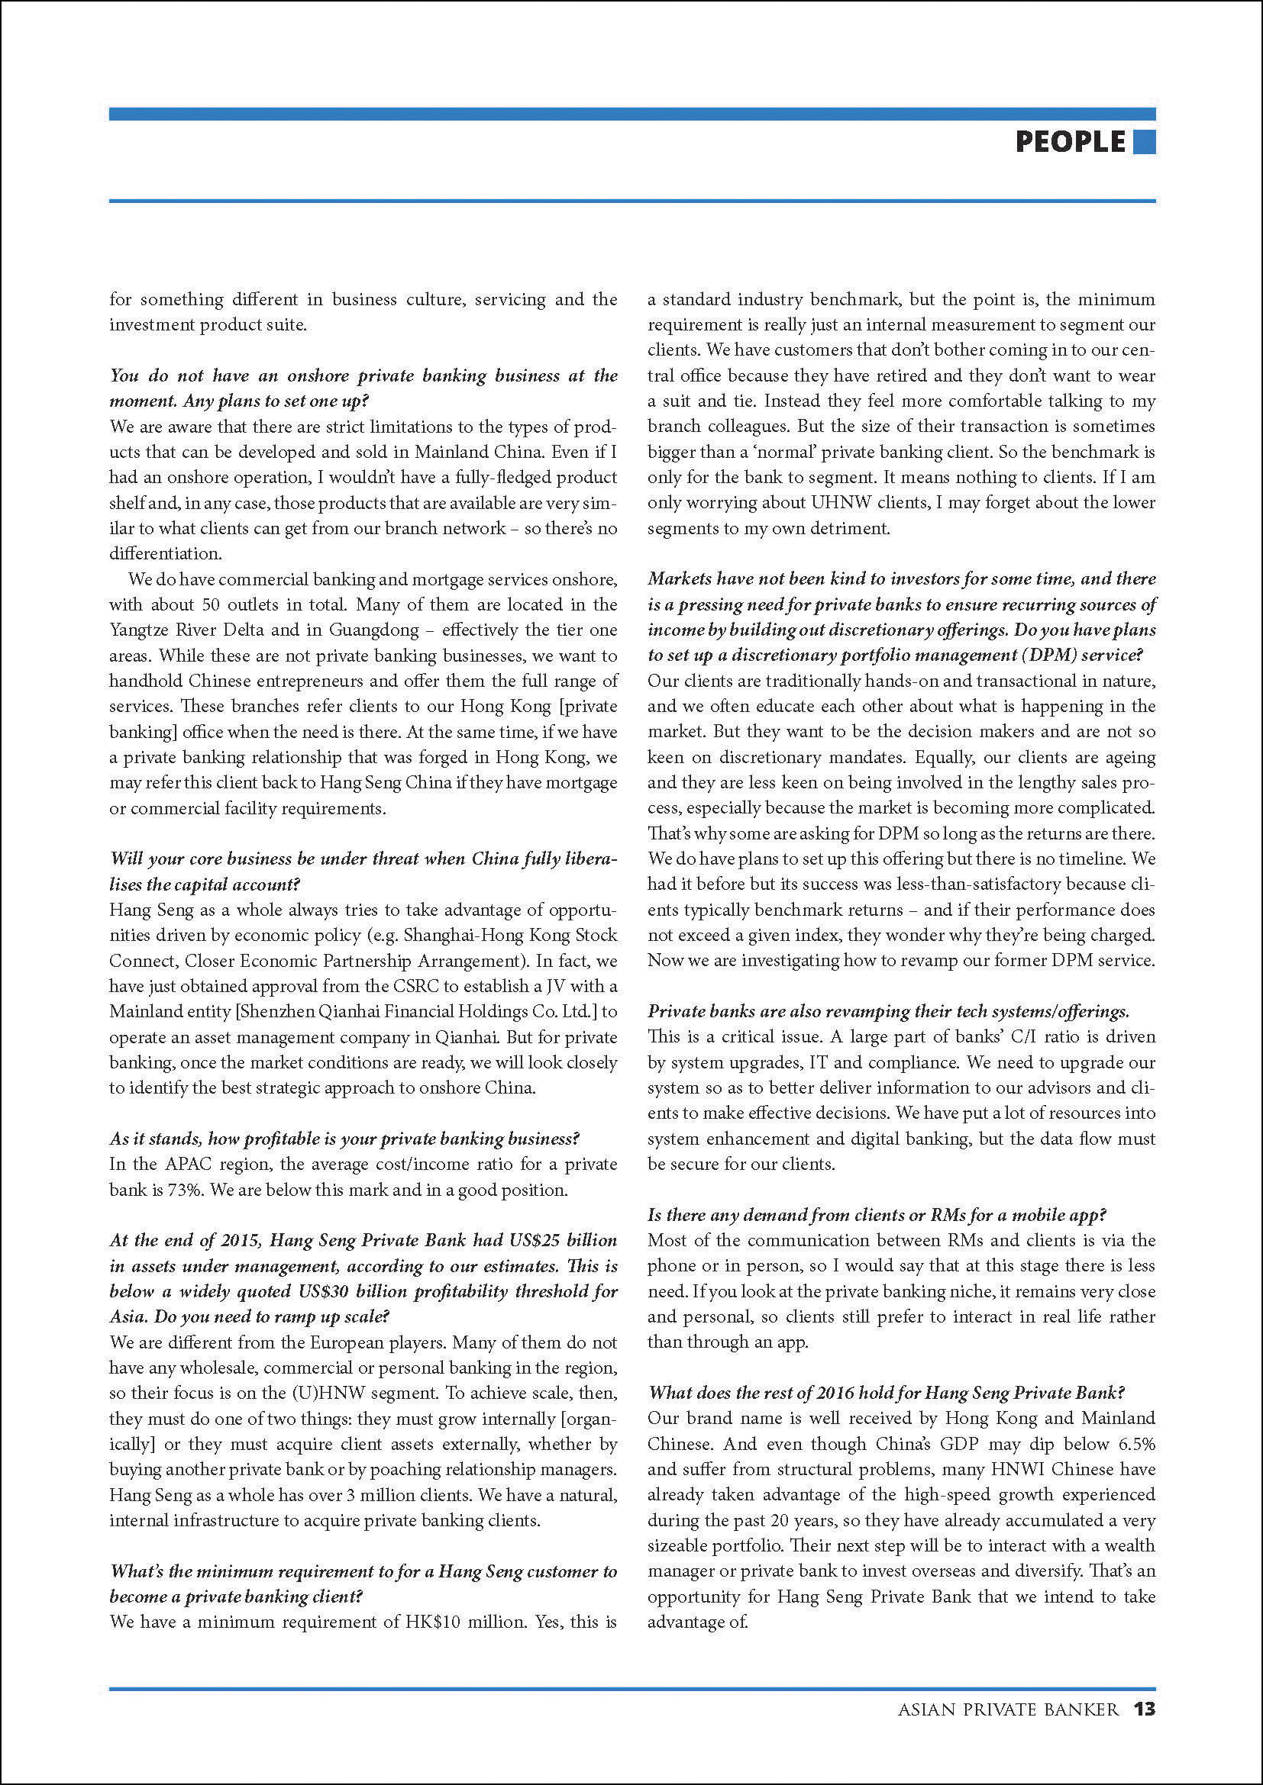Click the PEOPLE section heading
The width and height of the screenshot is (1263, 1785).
tap(1070, 141)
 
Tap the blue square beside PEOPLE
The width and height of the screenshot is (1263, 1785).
tap(1144, 141)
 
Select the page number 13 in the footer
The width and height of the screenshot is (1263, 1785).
tap(1144, 1709)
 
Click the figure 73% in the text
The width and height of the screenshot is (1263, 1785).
tap(184, 1190)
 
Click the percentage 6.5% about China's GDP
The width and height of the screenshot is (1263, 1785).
tap(1136, 1444)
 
